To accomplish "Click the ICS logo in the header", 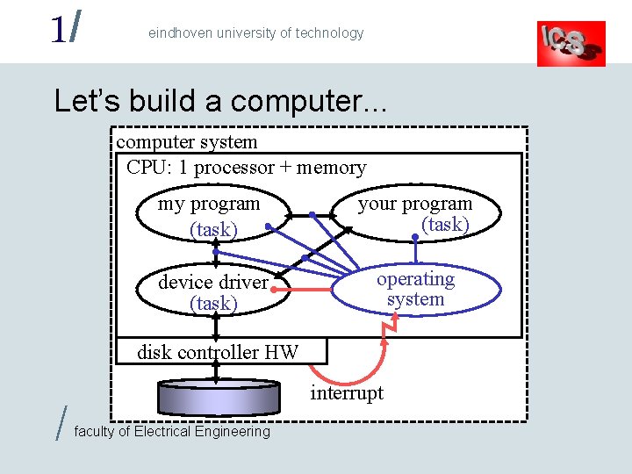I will (571, 42).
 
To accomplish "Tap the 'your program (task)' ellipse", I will (415, 214).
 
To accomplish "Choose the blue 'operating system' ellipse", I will (415, 289).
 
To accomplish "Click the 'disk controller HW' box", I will (219, 352).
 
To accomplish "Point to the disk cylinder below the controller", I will (218, 397).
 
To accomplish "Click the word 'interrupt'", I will (347, 393).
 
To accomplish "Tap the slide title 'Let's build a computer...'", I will (220, 101).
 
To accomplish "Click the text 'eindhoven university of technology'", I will (255, 33).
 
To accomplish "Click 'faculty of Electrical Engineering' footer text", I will (173, 431).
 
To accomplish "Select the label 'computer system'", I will (187, 142).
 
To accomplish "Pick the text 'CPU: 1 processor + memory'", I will (247, 167).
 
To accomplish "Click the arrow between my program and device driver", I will (216, 253).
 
